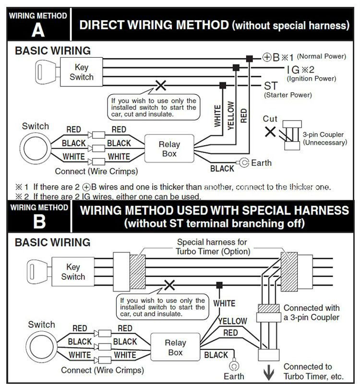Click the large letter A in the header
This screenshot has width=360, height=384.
pos(38,30)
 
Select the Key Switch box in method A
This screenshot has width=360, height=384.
pos(81,72)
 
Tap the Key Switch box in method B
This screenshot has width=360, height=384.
pos(72,272)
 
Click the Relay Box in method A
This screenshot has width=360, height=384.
pos(169,149)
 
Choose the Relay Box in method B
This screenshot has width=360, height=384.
pos(175,348)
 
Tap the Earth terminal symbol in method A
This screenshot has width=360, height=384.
pos(244,163)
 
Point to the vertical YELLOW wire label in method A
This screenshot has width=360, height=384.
pos(230,115)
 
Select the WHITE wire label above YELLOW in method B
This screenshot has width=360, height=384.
pos(224,303)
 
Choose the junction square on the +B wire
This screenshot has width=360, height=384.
pos(249,59)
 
